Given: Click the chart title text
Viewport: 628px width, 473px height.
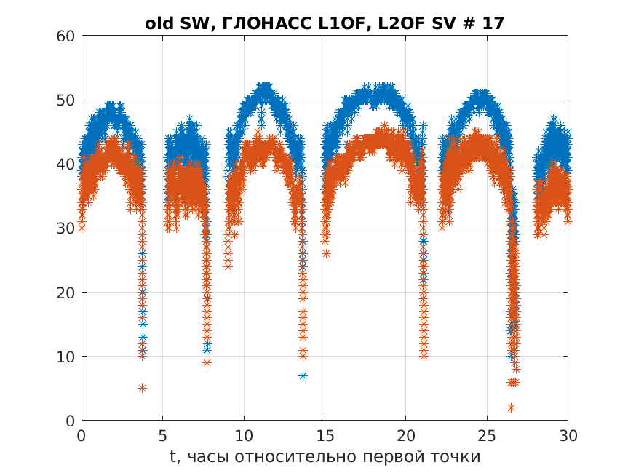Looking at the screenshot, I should [x=325, y=23].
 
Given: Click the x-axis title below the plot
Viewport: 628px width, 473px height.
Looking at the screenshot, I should [x=325, y=456].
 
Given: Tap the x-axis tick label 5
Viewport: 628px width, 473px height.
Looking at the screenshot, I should [x=163, y=434].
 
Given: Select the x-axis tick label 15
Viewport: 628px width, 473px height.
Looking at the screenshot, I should [x=325, y=434].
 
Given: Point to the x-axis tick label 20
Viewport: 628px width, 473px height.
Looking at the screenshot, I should [x=406, y=434].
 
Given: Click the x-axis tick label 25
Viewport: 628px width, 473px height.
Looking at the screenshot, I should [x=487, y=434].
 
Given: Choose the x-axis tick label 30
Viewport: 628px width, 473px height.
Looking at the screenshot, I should [x=568, y=434].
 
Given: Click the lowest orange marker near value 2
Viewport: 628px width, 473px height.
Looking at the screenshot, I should [x=511, y=408].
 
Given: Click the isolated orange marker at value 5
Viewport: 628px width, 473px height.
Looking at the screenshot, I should [x=142, y=388].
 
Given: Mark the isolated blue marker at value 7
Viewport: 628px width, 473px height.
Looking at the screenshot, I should [x=303, y=375].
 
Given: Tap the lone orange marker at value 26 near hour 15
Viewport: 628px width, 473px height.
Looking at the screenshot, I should [x=326, y=253].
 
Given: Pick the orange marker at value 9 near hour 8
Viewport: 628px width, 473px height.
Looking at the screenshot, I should [x=207, y=362].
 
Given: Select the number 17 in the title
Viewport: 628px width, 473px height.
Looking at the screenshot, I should [x=493, y=23].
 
